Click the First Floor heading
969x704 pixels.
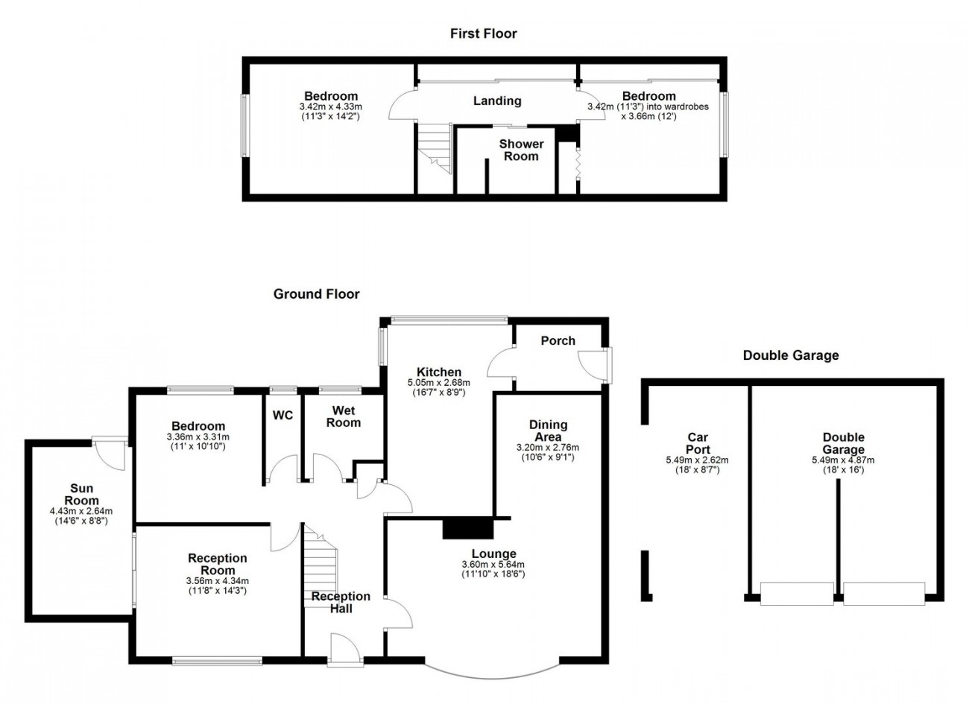(483, 34)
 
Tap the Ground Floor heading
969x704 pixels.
(316, 294)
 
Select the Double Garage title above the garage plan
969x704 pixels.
(790, 355)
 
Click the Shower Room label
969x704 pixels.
(521, 150)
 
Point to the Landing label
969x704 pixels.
(497, 101)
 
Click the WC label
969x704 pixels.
(283, 416)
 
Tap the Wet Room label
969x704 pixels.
(344, 416)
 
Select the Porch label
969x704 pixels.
(558, 340)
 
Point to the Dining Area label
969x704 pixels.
(548, 431)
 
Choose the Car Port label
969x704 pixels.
(698, 444)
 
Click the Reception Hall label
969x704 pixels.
(341, 602)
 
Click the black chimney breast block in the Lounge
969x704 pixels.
(468, 528)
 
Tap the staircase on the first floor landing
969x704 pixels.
(435, 149)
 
